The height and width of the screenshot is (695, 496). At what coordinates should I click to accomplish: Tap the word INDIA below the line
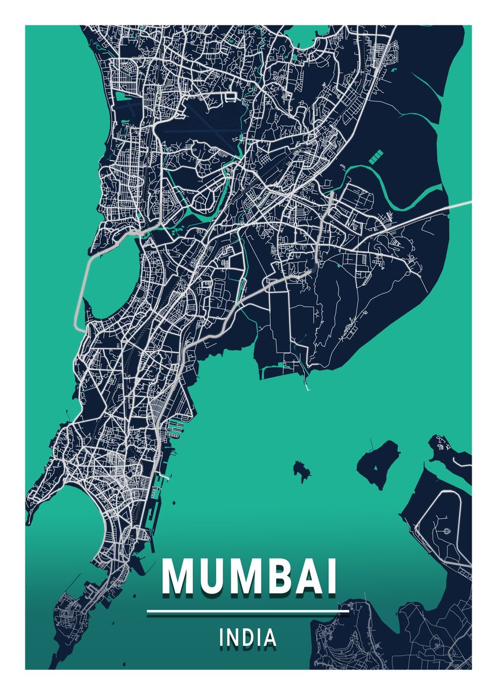(248, 638)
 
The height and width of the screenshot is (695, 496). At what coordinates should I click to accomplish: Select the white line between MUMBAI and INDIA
(248, 611)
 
